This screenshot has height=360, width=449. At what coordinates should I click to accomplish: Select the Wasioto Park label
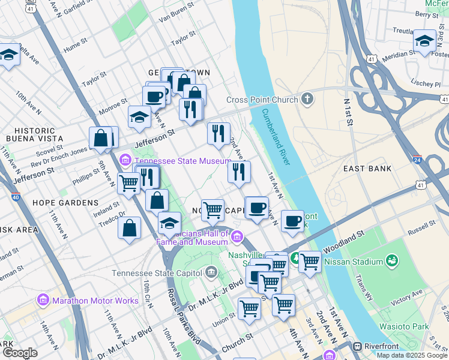click(403, 326)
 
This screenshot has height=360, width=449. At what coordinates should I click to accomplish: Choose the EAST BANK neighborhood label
click(367, 169)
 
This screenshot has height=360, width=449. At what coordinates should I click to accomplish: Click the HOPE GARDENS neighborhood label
click(65, 203)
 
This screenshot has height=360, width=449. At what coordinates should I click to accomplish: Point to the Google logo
click(20, 353)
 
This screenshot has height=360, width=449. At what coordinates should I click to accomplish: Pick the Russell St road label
click(421, 226)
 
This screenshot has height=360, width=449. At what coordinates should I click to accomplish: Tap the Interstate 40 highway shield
click(16, 196)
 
